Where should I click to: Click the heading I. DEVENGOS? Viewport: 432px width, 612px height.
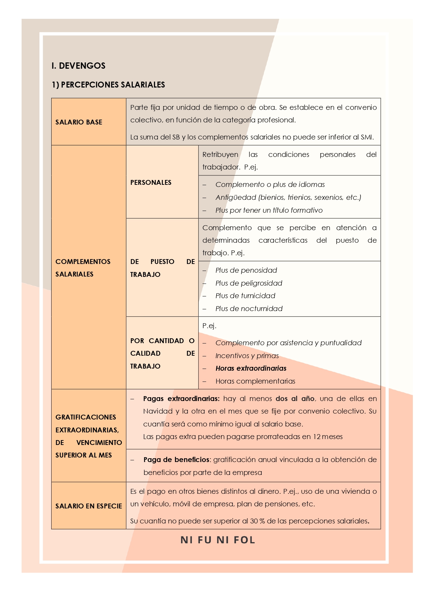pos(78,66)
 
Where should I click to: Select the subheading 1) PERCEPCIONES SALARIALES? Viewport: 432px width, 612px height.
pos(108,85)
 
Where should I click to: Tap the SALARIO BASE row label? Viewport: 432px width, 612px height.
pos(79,122)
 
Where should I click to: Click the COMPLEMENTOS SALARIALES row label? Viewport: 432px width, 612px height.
pos(83,268)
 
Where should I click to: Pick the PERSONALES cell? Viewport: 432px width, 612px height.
pos(151,182)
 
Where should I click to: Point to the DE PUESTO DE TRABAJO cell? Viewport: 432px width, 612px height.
pos(162,268)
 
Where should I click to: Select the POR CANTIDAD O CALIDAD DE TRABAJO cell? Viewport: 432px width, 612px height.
pos(162,353)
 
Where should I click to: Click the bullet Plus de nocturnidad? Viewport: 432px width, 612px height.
pos(249,309)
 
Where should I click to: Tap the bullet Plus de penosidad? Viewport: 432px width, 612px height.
pos(246,270)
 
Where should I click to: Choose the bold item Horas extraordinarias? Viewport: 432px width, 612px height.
pos(251,368)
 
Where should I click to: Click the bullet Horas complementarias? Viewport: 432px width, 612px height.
pos(255,381)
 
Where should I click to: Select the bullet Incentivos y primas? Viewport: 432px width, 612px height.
pos(247,356)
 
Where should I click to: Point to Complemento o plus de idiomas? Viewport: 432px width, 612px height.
pos(270,184)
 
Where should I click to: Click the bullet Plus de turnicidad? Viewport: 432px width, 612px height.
pos(245,296)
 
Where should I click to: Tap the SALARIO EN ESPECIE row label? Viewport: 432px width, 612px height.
pos(88,506)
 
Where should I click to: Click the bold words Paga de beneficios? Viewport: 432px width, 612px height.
pos(176,460)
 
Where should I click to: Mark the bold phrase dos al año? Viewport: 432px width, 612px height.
pos(295,399)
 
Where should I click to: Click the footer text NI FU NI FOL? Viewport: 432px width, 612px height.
pos(218,540)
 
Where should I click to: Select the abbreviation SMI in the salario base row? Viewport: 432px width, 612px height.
pos(366,137)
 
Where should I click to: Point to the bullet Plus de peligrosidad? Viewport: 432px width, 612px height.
pos(249,283)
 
